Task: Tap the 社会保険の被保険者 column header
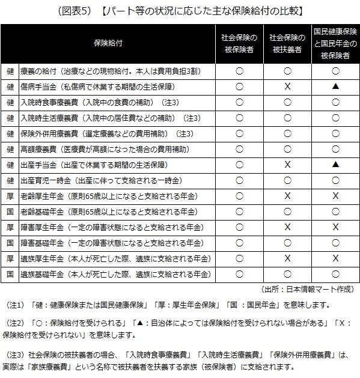(x=239, y=43)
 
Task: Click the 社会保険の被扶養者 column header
(x=287, y=43)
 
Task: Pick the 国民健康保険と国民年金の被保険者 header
(x=335, y=43)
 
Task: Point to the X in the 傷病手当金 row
(x=287, y=86)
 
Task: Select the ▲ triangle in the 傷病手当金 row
(x=335, y=86)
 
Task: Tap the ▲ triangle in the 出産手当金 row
(x=335, y=164)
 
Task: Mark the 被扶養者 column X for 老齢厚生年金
(x=287, y=195)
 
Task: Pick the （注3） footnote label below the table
(x=16, y=354)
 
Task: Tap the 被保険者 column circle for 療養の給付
(x=239, y=70)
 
